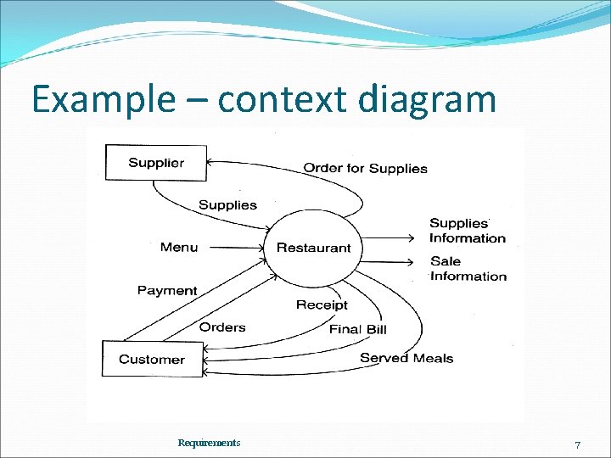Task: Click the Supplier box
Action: click(x=155, y=162)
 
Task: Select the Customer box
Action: click(x=152, y=359)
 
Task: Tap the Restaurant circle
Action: click(x=313, y=248)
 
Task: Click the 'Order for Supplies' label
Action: click(x=365, y=168)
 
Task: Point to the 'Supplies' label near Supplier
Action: click(x=227, y=204)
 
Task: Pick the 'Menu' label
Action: click(x=179, y=247)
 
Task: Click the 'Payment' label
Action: click(x=167, y=290)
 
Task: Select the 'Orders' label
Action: click(x=222, y=327)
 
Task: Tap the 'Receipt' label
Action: click(x=322, y=304)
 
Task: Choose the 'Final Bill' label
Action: click(x=357, y=329)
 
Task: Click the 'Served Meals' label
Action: click(x=406, y=358)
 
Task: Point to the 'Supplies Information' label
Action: click(x=467, y=231)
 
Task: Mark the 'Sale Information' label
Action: click(x=468, y=268)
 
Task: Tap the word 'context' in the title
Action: click(x=283, y=100)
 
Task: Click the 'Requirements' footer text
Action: click(x=209, y=443)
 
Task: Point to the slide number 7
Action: click(x=577, y=445)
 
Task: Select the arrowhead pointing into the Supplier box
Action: click(x=210, y=160)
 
